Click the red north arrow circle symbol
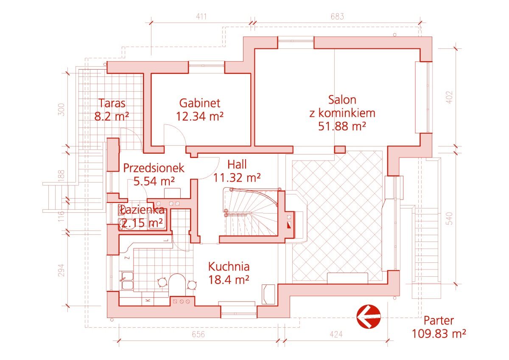(x=368, y=317)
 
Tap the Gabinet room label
(x=200, y=103)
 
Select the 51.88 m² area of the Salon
(x=342, y=126)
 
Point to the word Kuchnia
(x=229, y=267)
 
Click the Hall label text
(x=237, y=164)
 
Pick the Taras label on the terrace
(x=112, y=103)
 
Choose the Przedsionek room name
(x=154, y=168)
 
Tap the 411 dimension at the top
(x=201, y=17)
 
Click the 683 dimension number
(x=337, y=17)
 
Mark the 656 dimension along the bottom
(x=199, y=334)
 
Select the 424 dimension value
(x=336, y=334)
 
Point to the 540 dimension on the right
(x=449, y=218)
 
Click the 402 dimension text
(x=449, y=97)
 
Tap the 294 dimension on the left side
(x=61, y=270)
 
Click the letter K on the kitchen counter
(x=148, y=300)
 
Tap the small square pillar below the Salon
(x=340, y=149)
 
